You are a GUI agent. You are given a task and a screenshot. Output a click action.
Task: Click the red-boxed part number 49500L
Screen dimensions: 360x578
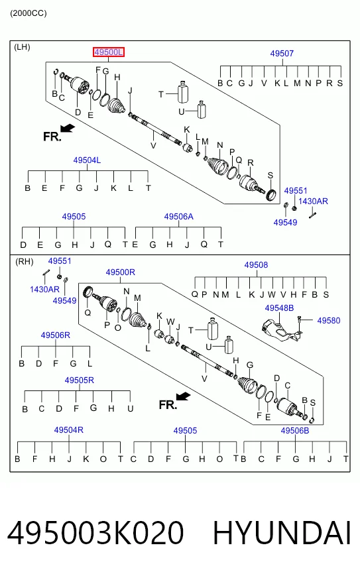coord(109,52)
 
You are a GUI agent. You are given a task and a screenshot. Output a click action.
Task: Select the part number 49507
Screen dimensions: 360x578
coord(282,54)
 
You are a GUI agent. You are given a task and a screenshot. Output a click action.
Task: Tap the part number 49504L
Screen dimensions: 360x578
coord(87,160)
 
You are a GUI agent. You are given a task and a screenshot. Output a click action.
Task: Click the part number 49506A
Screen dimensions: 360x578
coord(178,217)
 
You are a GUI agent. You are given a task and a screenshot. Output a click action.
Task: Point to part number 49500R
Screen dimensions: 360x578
coord(120,272)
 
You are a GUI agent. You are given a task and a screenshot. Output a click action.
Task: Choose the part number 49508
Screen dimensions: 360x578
coord(256,265)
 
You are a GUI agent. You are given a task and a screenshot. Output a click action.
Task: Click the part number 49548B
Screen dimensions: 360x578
coord(279,308)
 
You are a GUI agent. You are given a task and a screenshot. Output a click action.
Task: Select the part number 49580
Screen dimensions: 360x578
coord(329,321)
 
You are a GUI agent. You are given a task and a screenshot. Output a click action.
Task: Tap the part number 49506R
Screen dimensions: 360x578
coord(55,335)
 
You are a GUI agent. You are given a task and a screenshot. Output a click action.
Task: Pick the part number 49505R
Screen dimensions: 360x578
coord(80,380)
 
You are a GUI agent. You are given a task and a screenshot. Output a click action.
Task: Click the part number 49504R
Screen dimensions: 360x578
coord(68,430)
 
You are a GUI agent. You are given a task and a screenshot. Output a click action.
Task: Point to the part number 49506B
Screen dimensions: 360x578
coord(295,431)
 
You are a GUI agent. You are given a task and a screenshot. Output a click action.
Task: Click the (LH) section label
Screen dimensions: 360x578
coord(22,47)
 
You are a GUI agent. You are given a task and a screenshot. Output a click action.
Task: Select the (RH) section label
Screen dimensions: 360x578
coord(25,262)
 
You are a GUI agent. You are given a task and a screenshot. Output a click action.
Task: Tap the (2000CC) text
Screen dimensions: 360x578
coord(29,14)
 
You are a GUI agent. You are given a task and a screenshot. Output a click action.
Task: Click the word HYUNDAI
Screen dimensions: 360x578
coord(282,533)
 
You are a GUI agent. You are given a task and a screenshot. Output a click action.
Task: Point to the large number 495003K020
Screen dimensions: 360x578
coord(95,533)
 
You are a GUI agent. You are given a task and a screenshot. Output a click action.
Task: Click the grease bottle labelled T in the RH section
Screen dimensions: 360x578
coord(212,329)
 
